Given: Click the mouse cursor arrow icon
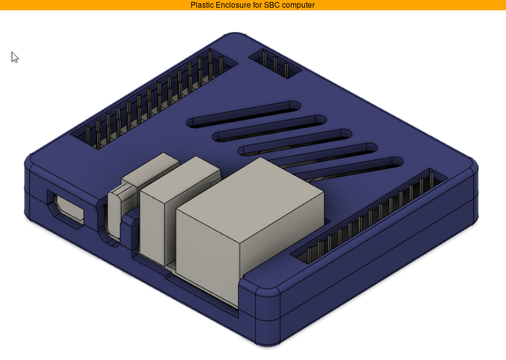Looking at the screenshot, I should click(x=15, y=57).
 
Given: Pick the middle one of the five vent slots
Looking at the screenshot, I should click(x=296, y=142).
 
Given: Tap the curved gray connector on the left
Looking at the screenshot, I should click(x=117, y=213).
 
